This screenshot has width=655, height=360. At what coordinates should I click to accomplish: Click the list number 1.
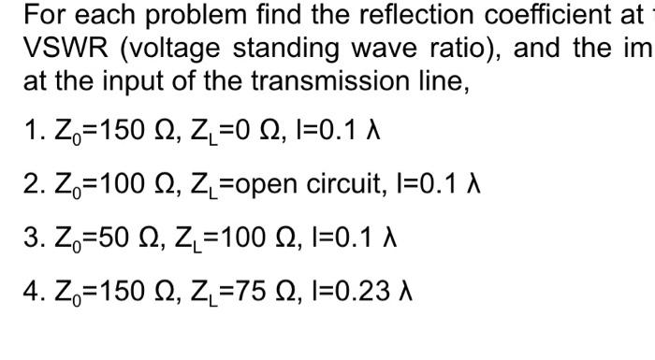tap(30, 128)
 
